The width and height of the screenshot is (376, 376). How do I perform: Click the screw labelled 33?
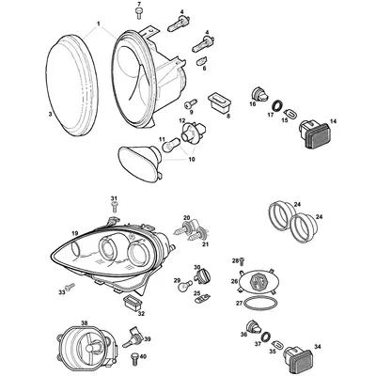[69, 286]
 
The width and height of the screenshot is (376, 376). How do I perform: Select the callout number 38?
[84, 323]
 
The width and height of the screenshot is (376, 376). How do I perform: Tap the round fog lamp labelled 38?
[88, 348]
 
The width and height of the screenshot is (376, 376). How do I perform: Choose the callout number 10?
[195, 161]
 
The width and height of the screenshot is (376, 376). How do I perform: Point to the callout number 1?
[98, 22]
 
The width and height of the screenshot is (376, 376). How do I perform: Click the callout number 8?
[227, 115]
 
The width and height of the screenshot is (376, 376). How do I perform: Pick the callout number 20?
[186, 217]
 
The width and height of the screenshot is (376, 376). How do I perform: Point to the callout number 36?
[243, 335]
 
